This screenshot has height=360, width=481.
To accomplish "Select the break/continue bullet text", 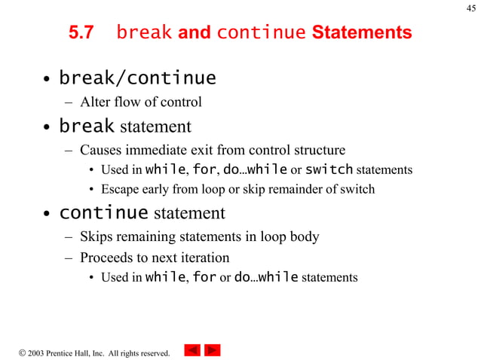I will tap(137, 78).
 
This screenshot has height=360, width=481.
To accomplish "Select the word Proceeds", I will tap(106, 258).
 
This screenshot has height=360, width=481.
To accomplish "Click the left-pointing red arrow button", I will tap(192, 350).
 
